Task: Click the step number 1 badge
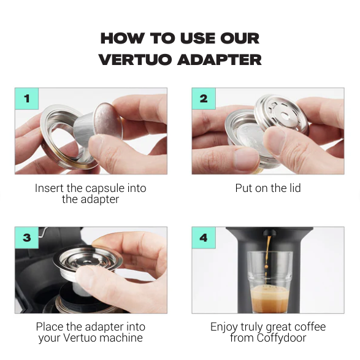click(x=26, y=98)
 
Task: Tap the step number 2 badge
click(x=204, y=98)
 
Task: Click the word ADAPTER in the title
click(x=220, y=59)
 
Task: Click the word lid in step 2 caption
click(x=294, y=188)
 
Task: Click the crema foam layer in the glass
click(x=268, y=301)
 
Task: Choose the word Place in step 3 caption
click(x=50, y=327)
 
